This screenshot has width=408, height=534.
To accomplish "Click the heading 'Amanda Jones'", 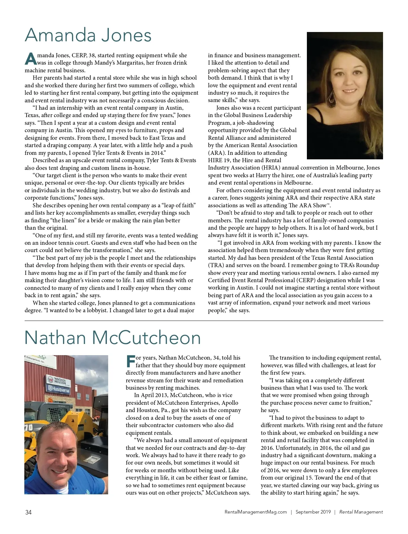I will [x=88, y=35].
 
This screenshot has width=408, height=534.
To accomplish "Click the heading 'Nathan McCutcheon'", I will [x=113, y=338].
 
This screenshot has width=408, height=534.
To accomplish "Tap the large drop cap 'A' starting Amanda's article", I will [x=30, y=59].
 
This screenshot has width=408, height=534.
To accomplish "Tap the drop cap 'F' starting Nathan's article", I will [x=130, y=362].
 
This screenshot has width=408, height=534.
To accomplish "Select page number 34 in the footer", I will [x=28, y=512].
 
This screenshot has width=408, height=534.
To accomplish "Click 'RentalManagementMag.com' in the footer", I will [x=256, y=512].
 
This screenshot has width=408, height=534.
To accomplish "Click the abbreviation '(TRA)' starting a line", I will [x=216, y=266].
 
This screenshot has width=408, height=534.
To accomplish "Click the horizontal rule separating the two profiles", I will [x=204, y=321].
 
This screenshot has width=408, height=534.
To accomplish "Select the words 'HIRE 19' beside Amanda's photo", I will [x=219, y=161].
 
